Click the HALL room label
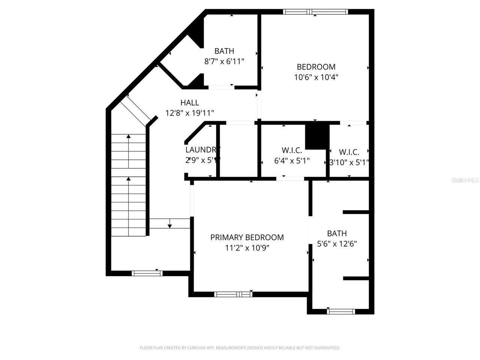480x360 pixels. pos(189,102)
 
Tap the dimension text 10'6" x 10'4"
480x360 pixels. pos(316,77)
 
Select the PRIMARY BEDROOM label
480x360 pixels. pos(247,237)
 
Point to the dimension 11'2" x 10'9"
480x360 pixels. pos(247,247)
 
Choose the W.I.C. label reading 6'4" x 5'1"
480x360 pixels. pos(292,150)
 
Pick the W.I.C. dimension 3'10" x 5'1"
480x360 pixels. pos(349,162)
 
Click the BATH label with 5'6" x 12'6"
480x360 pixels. pos(337,233)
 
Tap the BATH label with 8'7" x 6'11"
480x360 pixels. pos(224,51)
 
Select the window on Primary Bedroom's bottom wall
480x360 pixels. pos(233,294)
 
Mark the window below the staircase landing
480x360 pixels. pos(147,273)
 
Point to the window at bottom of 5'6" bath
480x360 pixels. pos(341,311)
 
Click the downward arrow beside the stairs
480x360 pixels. pos(169,225)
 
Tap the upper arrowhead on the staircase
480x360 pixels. pos(129,137)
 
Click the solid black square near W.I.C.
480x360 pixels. pos(317,136)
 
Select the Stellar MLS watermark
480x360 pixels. pos(465,180)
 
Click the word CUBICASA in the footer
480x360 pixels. pos(195,348)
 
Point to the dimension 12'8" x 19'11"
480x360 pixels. pos(189,112)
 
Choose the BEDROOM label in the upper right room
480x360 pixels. pos(316,67)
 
